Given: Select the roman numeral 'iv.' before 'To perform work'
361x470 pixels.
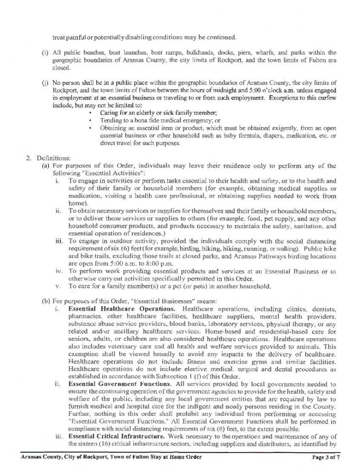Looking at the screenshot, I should (x=57, y=272).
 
